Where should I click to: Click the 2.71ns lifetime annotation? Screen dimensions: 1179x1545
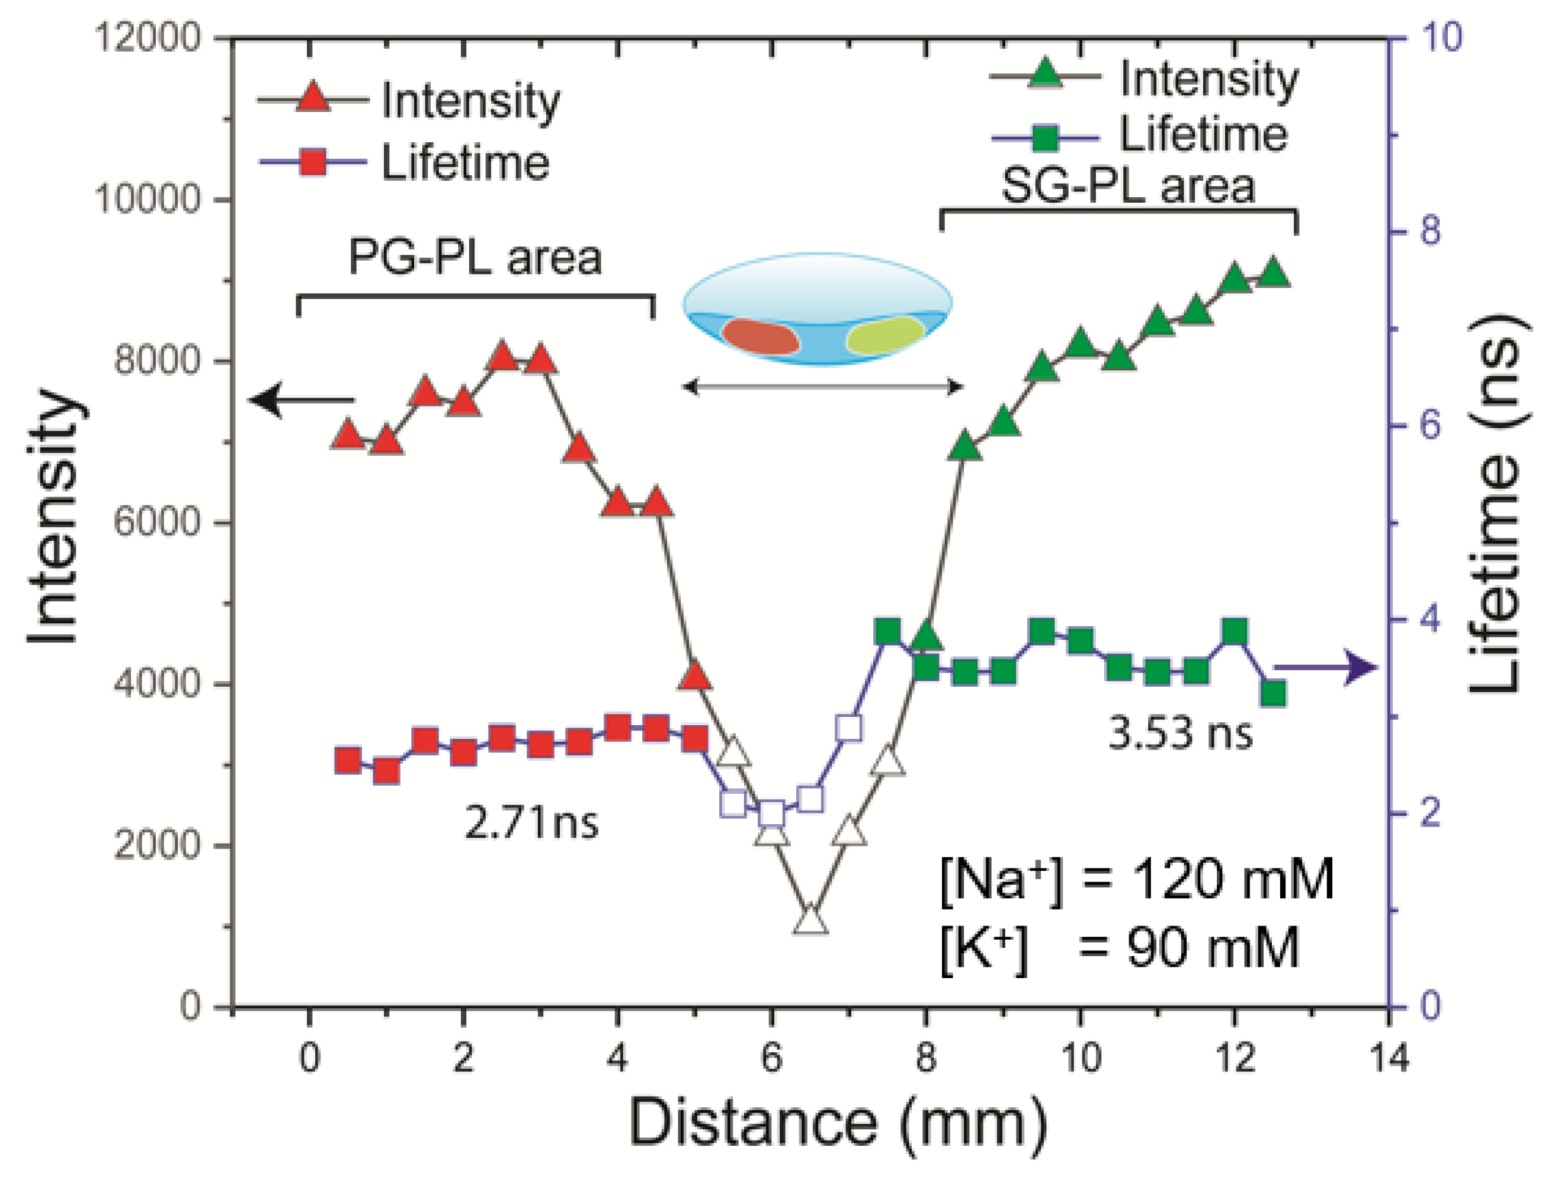(x=531, y=822)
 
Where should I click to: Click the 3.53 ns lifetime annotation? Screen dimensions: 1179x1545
(x=1179, y=733)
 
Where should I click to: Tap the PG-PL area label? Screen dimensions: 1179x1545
(x=475, y=258)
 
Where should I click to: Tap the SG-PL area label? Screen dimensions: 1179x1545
(x=1127, y=186)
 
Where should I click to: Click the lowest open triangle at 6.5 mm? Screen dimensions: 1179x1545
(x=810, y=922)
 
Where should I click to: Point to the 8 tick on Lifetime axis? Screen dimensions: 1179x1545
(x=1429, y=231)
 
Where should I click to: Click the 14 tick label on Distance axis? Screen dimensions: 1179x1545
(x=1389, y=1058)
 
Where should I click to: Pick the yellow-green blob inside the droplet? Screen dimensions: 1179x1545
(x=885, y=335)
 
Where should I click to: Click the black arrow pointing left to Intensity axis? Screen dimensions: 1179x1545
(x=302, y=400)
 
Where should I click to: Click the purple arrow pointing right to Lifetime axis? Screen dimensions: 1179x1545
(x=1326, y=667)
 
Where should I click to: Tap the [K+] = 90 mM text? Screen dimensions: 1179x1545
(x=1119, y=948)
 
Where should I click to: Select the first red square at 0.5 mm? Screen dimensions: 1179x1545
(x=347, y=760)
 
